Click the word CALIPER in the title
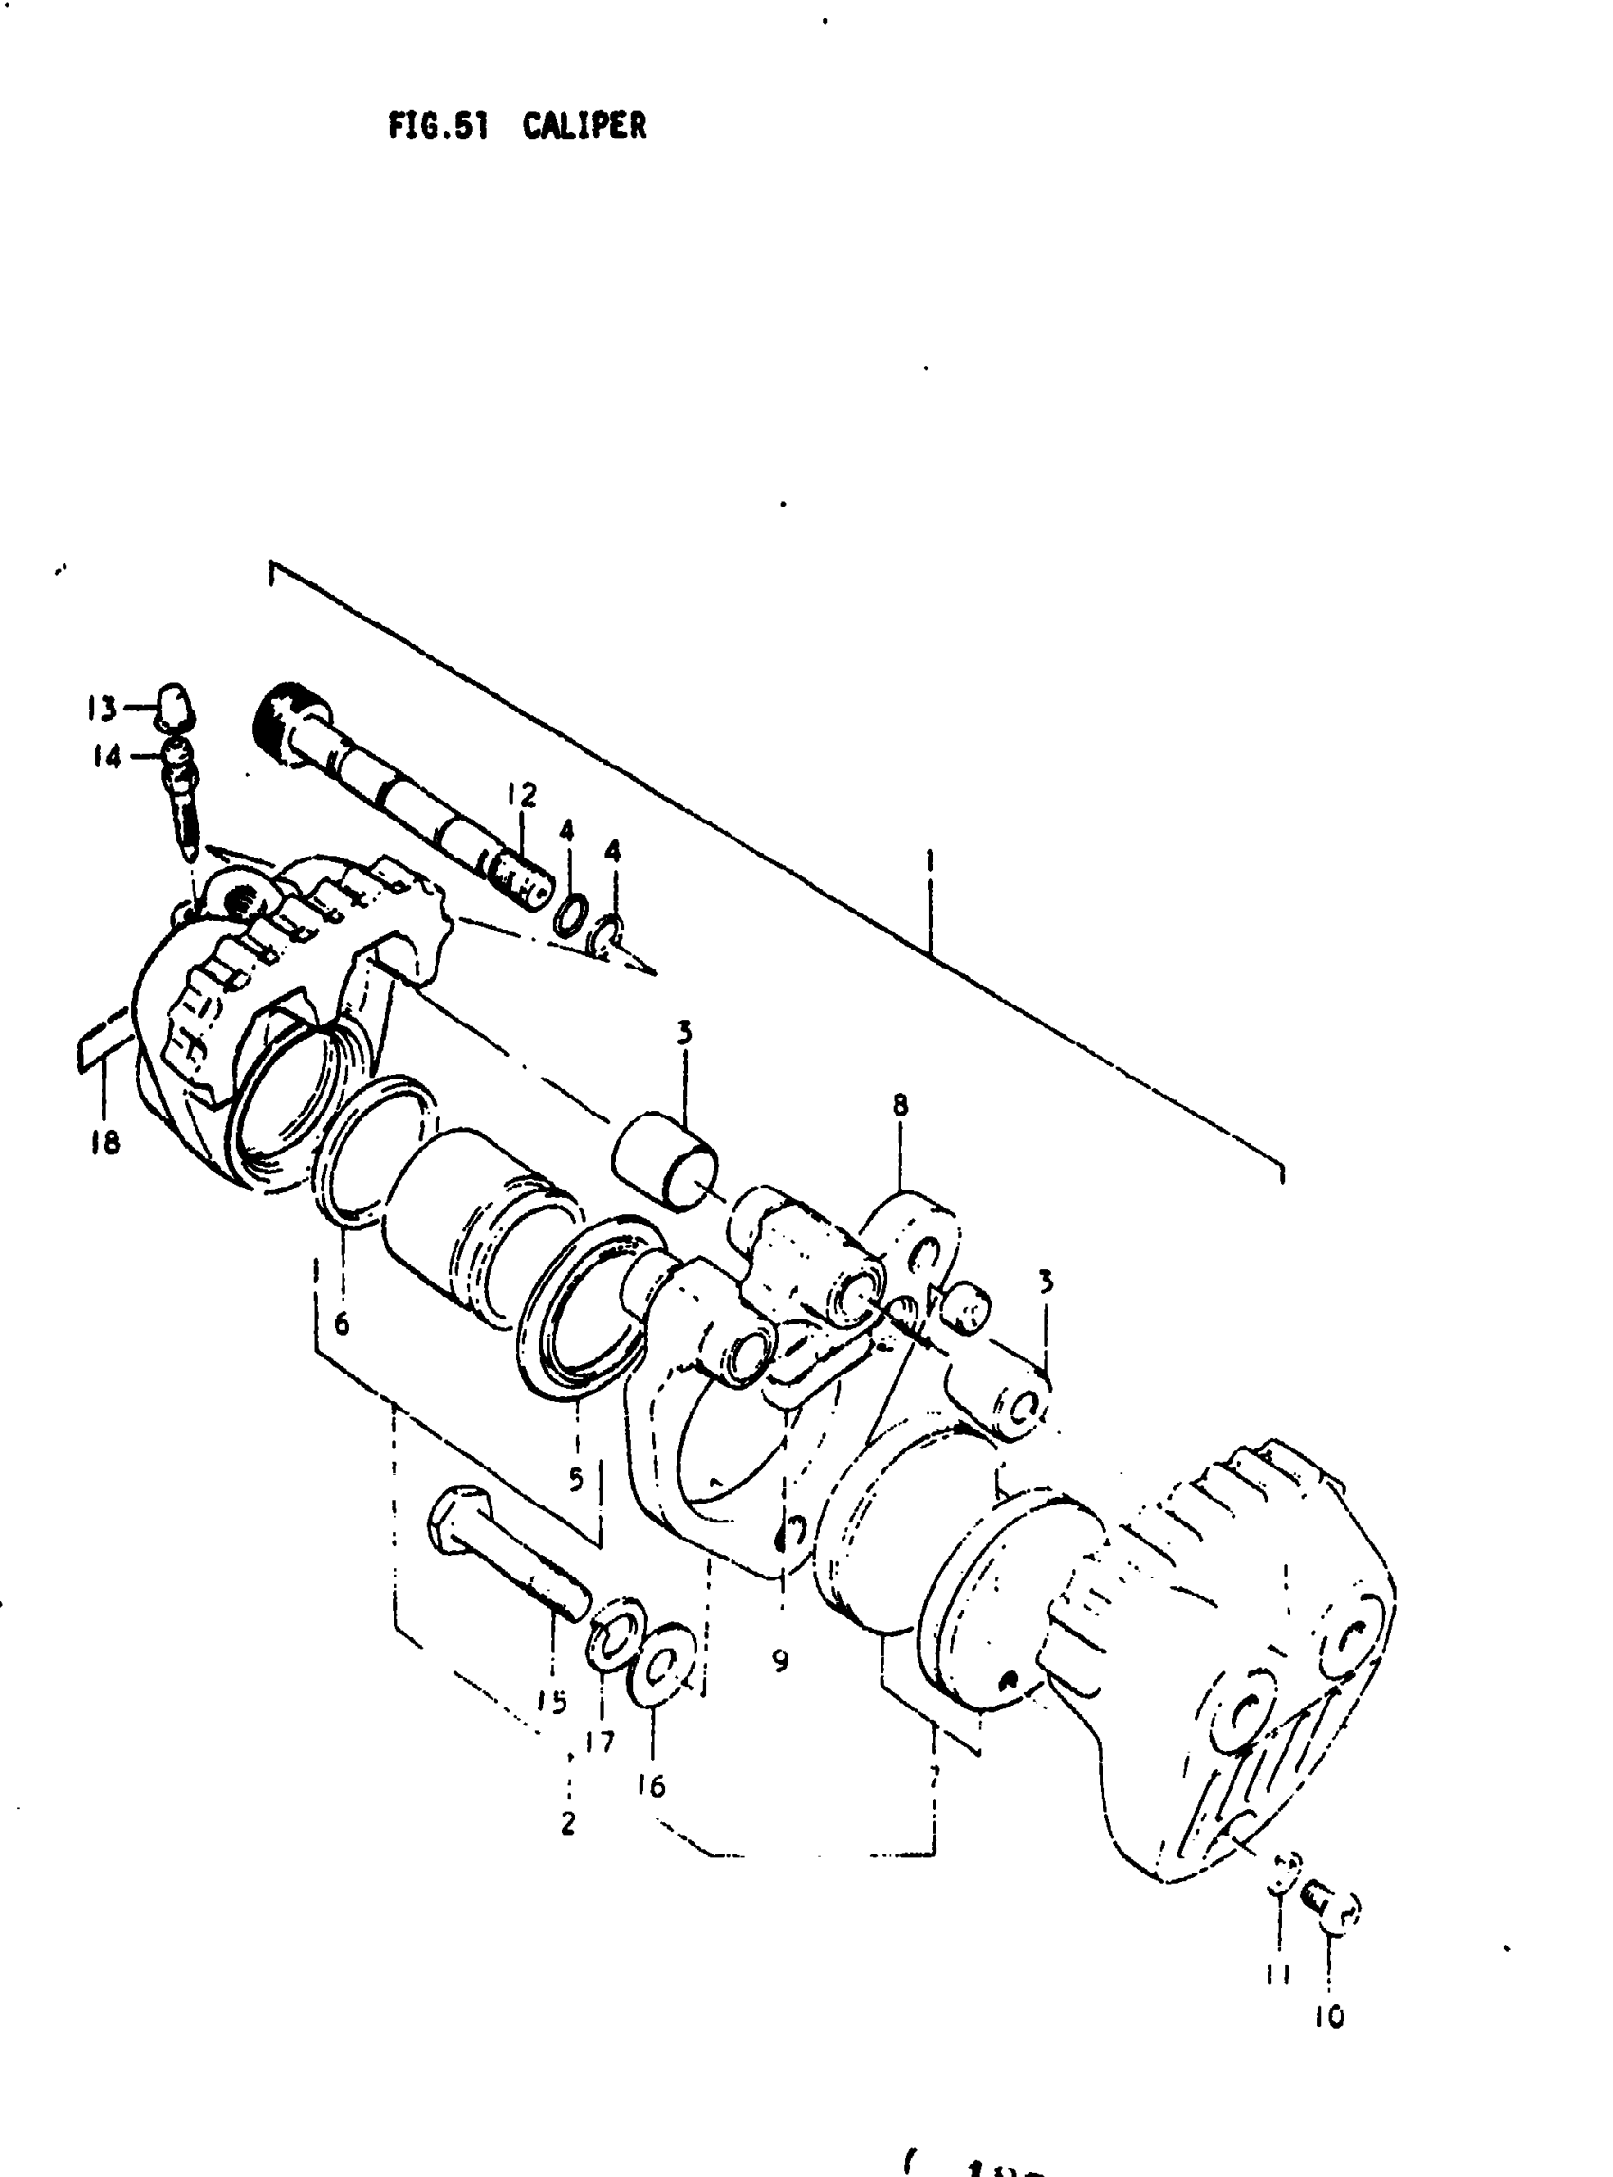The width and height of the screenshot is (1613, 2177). click(x=584, y=126)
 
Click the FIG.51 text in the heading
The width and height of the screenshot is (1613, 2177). click(x=437, y=127)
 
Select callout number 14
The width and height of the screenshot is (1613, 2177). click(x=105, y=757)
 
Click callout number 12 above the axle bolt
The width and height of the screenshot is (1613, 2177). click(x=523, y=796)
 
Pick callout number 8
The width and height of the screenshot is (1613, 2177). click(x=899, y=1105)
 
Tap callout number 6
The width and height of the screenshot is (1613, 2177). click(x=341, y=1324)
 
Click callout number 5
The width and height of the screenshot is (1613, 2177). click(x=576, y=1480)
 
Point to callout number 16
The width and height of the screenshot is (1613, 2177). click(x=650, y=1785)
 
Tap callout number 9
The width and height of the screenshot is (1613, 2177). click(x=779, y=1660)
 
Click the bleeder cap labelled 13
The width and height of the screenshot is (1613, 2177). click(x=172, y=708)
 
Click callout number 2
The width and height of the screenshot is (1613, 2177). click(x=568, y=1821)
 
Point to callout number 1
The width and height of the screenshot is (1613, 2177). click(x=931, y=861)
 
